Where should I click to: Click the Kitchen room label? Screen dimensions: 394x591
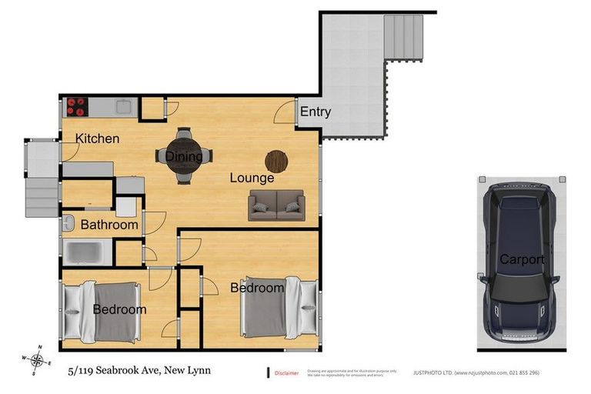[x=97, y=139]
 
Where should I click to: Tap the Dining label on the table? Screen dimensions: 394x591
[x=184, y=157]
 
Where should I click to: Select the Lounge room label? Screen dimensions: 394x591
[x=252, y=178]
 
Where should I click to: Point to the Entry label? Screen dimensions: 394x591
[x=315, y=112]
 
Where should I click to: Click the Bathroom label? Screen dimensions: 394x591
[x=109, y=225]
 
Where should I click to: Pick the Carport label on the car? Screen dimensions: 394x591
[x=521, y=259]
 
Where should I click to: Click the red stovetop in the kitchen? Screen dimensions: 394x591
[x=77, y=105]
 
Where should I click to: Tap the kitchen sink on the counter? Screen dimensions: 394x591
[x=122, y=105]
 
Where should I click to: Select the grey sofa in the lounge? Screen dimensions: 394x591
[x=276, y=205]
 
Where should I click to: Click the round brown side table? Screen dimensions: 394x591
[x=276, y=161]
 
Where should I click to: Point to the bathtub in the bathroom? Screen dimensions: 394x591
[x=86, y=251]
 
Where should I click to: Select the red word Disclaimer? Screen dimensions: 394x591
[x=286, y=373]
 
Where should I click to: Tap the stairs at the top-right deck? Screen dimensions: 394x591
[x=404, y=37]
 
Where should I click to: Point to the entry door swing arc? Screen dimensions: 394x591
[x=285, y=112]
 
